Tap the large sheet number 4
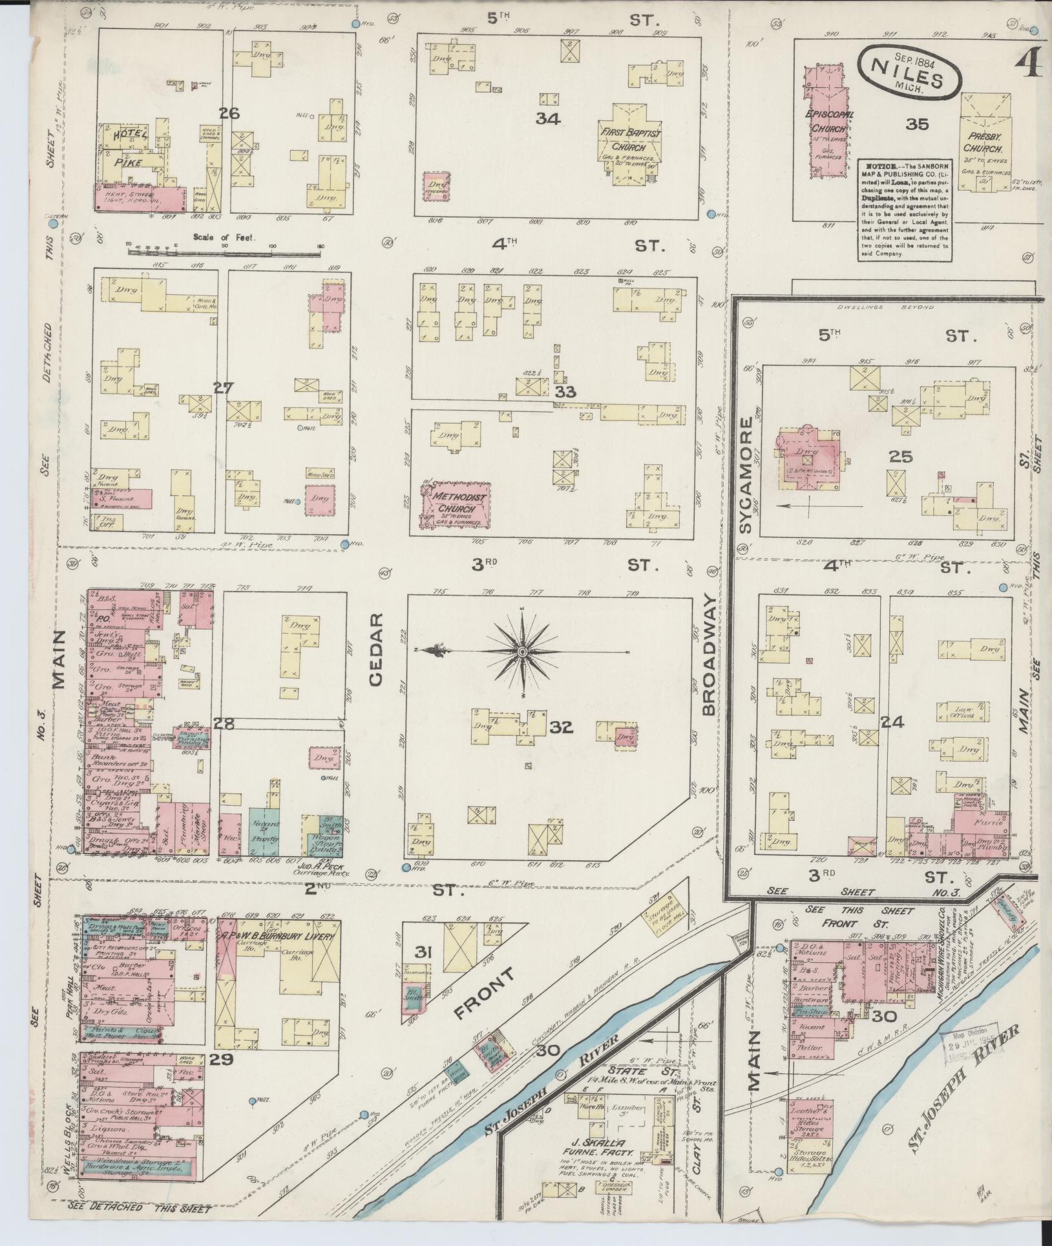click(x=1030, y=62)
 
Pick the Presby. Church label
click(x=985, y=144)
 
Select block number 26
click(x=229, y=114)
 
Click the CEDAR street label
click(x=376, y=649)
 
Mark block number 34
click(x=547, y=119)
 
